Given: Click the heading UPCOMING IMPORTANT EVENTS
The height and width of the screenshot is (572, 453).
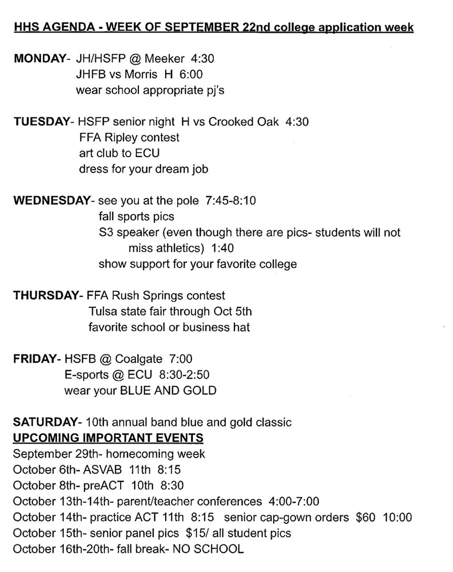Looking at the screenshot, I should tap(108, 437).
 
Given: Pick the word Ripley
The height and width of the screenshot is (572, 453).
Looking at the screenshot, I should tap(125, 137).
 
